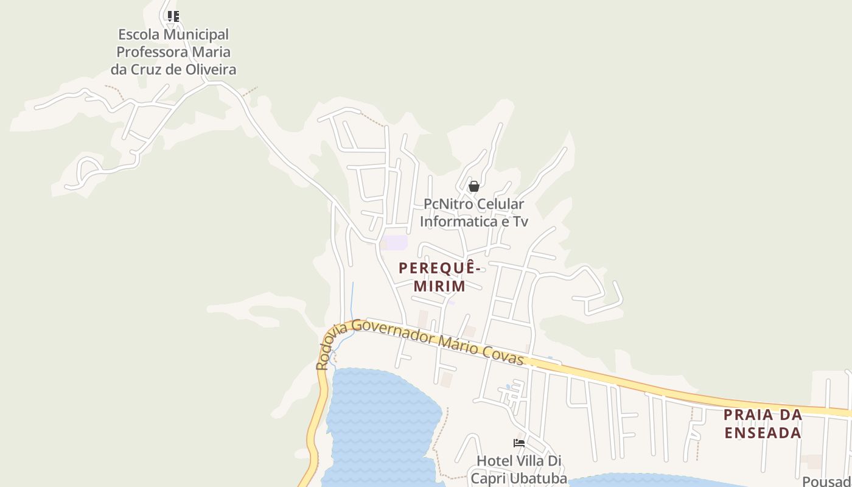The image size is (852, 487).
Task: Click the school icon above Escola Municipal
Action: click(173, 16)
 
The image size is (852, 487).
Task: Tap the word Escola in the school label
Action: click(138, 35)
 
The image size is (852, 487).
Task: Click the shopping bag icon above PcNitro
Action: click(474, 186)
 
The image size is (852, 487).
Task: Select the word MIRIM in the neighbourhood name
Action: click(440, 286)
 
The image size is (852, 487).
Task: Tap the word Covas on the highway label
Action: click(503, 355)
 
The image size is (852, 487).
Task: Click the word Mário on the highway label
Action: click(459, 345)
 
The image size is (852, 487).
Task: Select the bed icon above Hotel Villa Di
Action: click(519, 443)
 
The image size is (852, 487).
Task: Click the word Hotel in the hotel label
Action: click(492, 461)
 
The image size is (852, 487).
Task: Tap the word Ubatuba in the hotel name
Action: click(542, 478)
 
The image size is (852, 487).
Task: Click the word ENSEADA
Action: click(763, 433)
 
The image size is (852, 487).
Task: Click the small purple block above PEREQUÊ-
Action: click(395, 242)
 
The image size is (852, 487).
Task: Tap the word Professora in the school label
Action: click(152, 52)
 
